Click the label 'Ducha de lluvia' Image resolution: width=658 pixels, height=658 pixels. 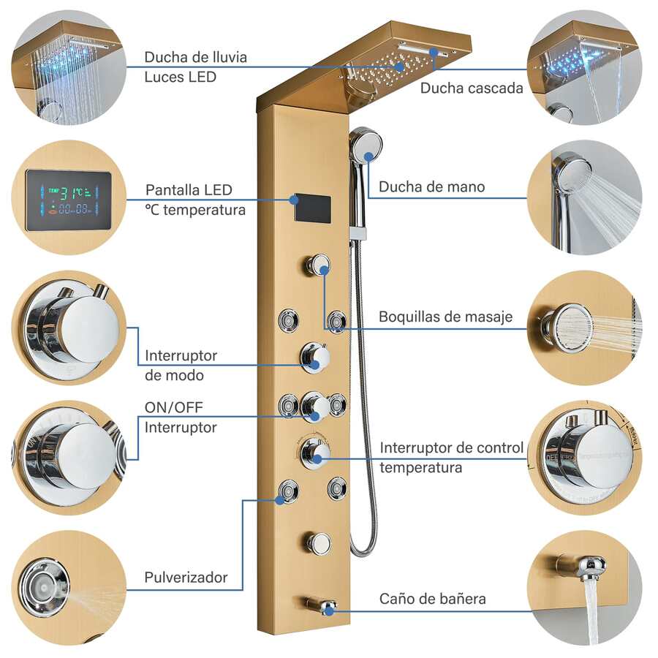195,57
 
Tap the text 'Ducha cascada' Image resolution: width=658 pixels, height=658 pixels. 472,88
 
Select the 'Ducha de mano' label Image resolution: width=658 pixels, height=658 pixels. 431,186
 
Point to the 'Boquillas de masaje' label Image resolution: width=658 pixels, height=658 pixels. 446,317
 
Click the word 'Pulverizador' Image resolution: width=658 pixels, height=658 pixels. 186,578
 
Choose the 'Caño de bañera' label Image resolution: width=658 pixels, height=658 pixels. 432,599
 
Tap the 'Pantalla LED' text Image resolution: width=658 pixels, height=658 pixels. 189,190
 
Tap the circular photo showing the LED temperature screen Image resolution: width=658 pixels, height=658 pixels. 69,197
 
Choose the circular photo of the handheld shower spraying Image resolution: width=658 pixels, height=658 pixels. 584,197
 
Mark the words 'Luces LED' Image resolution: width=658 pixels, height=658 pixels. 181,76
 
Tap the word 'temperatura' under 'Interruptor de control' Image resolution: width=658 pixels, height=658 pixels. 420,467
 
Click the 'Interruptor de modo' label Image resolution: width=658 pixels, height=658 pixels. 181,365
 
